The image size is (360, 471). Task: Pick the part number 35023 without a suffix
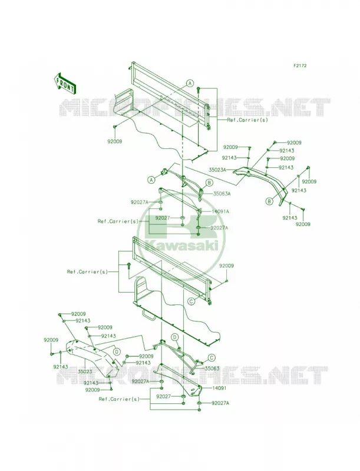click(x=84, y=372)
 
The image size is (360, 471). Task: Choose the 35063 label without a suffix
click(x=212, y=369)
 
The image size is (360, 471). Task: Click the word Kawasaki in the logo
click(x=181, y=247)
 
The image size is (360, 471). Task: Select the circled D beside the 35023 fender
click(x=117, y=351)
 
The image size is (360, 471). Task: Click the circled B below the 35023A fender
click(x=268, y=201)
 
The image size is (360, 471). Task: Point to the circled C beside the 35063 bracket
click(x=212, y=357)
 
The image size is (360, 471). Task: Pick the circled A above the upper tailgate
click(x=190, y=84)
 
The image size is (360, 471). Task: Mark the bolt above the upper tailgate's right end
click(x=199, y=89)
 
